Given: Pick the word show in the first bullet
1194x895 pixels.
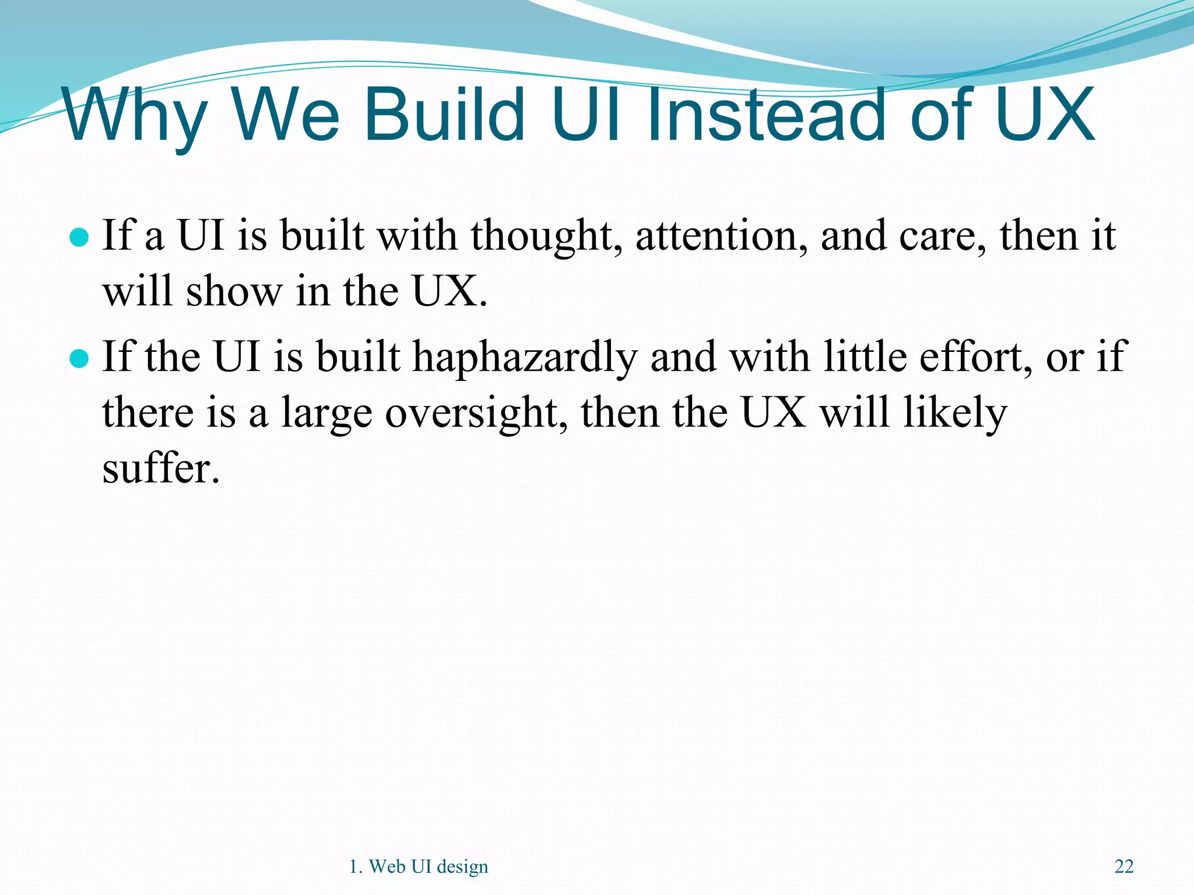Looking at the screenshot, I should tap(233, 291).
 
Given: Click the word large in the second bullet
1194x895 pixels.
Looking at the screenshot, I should tap(326, 414).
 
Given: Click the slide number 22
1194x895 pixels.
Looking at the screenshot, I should tap(1124, 866).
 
